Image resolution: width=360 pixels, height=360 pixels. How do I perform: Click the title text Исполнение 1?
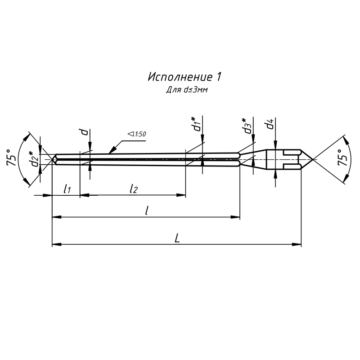(x=184, y=77)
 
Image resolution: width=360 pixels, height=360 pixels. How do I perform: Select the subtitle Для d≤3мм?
(x=187, y=90)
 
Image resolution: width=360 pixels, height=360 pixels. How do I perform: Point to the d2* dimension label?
(x=34, y=159)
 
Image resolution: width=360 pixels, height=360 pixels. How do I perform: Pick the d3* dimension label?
(x=247, y=126)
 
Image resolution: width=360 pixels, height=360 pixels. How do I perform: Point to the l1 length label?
(x=67, y=189)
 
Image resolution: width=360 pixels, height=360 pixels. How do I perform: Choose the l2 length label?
(x=134, y=189)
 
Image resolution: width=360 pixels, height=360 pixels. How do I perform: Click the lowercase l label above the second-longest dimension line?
(x=147, y=210)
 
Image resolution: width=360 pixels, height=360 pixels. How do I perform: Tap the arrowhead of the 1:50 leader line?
(x=112, y=150)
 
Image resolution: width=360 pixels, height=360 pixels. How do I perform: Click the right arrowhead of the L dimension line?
(x=297, y=245)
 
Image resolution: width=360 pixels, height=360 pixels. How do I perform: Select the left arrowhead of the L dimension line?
(x=57, y=245)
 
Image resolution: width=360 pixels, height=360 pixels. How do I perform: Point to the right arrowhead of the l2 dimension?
(x=181, y=195)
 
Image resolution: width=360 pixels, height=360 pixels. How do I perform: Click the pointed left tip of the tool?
(x=52, y=159)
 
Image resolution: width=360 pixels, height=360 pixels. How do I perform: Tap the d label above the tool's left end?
(x=84, y=132)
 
